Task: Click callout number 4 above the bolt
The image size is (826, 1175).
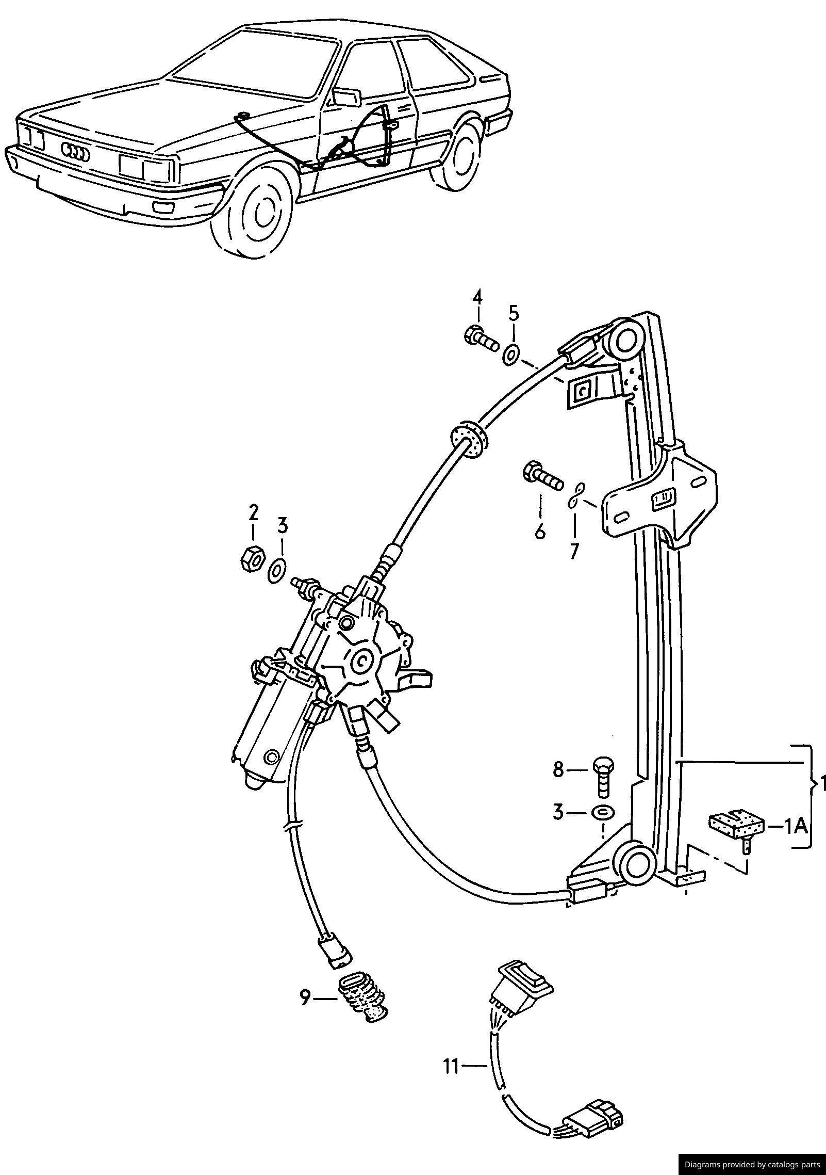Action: point(477,298)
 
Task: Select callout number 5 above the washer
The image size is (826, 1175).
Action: point(514,313)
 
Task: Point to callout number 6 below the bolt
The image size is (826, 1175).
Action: point(540,531)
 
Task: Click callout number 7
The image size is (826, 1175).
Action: point(574,551)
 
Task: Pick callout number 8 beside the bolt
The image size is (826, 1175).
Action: point(559,785)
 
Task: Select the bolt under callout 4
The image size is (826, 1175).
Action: point(482,338)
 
